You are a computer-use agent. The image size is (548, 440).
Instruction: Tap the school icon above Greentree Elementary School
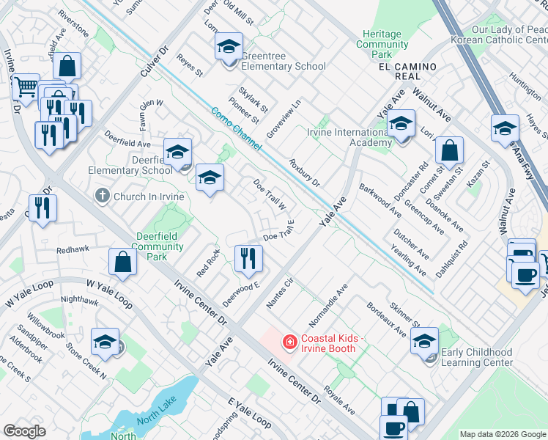click(x=229, y=48)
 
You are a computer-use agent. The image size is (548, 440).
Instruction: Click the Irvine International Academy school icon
click(x=401, y=124)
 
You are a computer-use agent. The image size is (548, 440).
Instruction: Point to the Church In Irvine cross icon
click(x=103, y=197)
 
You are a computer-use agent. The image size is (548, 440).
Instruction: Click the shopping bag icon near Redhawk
click(x=122, y=262)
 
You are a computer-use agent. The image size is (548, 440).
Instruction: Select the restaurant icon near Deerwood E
click(x=248, y=258)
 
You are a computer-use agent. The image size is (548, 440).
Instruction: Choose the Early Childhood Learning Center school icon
click(x=424, y=341)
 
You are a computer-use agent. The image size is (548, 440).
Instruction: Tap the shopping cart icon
click(x=26, y=87)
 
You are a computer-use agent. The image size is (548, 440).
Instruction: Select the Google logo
click(x=24, y=430)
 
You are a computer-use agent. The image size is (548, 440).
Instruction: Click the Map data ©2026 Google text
click(x=502, y=434)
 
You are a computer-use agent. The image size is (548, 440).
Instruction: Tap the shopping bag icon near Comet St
click(x=449, y=151)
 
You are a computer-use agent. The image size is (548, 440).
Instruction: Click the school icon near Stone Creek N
click(x=105, y=342)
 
